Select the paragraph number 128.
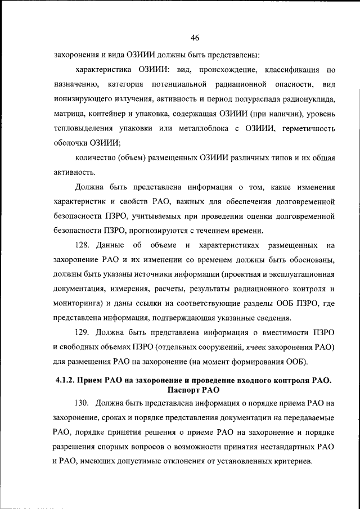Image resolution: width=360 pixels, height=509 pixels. click(x=83, y=245)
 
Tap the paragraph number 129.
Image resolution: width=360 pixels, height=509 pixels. click(x=83, y=331)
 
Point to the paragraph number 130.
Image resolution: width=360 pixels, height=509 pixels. click(x=83, y=403)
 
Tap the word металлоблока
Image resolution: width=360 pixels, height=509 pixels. click(x=202, y=128)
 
